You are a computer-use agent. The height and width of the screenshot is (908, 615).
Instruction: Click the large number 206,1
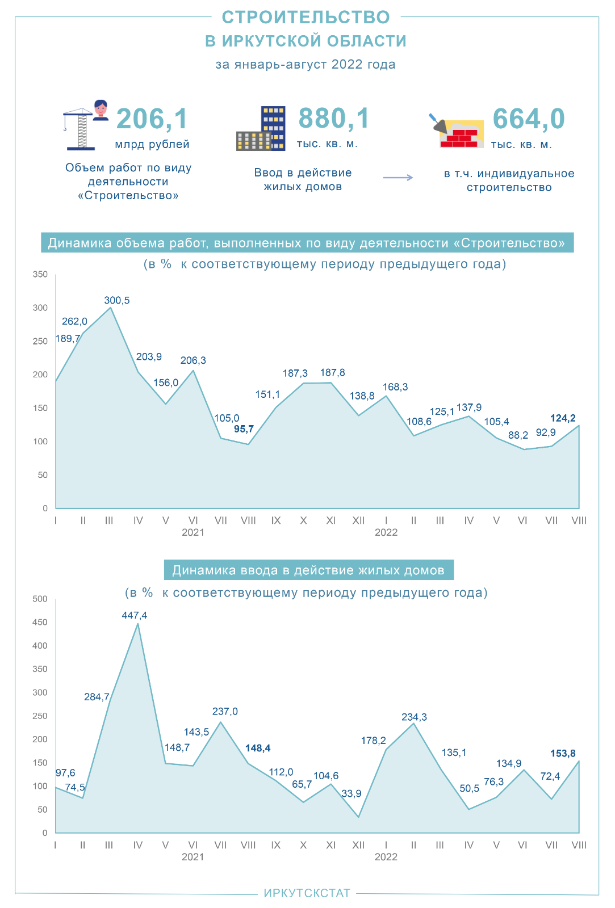152,119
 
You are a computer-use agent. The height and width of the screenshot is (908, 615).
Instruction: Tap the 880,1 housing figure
334,119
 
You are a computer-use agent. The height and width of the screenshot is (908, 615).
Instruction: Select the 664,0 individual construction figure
529,119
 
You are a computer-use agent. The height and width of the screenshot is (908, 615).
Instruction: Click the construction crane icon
80,129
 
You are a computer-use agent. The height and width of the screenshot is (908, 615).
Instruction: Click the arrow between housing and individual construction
398,178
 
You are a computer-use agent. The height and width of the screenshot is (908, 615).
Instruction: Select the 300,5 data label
117,301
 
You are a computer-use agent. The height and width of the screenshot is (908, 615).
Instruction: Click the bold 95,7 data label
244,429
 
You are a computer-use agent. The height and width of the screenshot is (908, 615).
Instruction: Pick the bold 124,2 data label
563,419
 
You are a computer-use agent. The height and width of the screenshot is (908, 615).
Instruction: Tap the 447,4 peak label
135,616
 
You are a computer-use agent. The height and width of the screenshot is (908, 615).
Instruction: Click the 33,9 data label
352,794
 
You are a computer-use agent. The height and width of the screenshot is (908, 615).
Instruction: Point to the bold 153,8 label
563,754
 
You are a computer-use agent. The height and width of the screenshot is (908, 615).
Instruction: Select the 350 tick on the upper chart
41,275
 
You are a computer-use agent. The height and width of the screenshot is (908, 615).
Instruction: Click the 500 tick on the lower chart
41,599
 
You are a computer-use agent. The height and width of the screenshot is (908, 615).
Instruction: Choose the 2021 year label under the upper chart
193,532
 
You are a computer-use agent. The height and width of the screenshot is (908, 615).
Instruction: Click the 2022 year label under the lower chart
386,857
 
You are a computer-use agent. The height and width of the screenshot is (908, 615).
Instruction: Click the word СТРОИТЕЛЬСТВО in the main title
306,18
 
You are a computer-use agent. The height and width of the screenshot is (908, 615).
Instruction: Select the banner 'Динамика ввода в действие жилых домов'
308,570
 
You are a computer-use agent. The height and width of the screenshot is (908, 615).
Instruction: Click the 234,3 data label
414,717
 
